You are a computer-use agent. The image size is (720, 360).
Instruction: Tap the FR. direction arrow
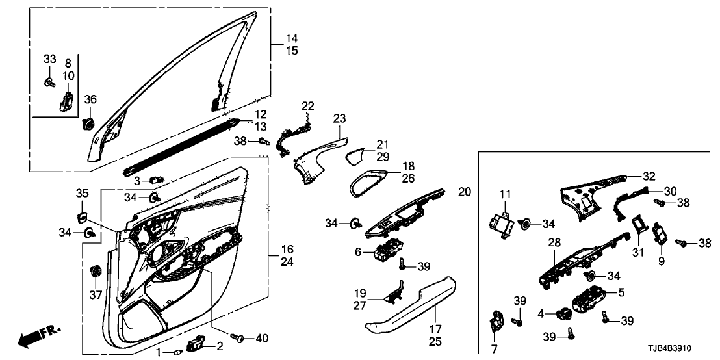pyautogui.click(x=38, y=335)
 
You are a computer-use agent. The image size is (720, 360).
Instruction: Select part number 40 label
pyautogui.click(x=261, y=338)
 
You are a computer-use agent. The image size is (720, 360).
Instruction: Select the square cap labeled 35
pyautogui.click(x=83, y=215)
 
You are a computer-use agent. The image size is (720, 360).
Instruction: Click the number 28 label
pyautogui.click(x=554, y=242)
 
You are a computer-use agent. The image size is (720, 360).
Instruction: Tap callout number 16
pyautogui.click(x=287, y=250)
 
